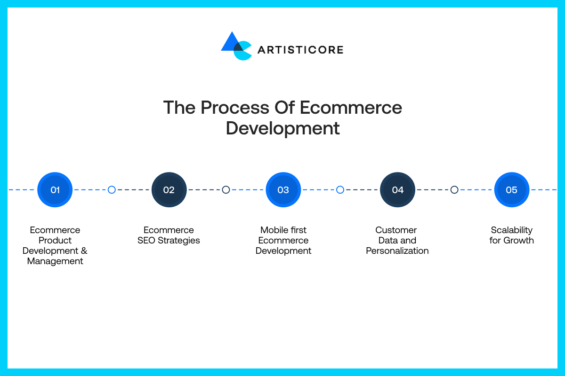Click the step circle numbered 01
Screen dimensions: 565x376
[55, 189]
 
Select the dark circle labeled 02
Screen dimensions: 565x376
[169, 189]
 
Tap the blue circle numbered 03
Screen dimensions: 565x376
[283, 189]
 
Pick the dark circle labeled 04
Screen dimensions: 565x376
[397, 189]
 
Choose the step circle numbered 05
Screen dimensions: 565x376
[512, 189]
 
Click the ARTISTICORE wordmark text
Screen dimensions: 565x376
[300, 50]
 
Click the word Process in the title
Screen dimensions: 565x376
[235, 108]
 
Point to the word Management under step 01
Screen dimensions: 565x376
[55, 261]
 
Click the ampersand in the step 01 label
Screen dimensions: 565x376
[84, 251]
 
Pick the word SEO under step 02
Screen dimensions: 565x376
[146, 240]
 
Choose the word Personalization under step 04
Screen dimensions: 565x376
[397, 251]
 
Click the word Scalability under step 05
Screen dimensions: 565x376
[512, 230]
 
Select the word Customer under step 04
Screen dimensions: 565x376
[396, 230]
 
